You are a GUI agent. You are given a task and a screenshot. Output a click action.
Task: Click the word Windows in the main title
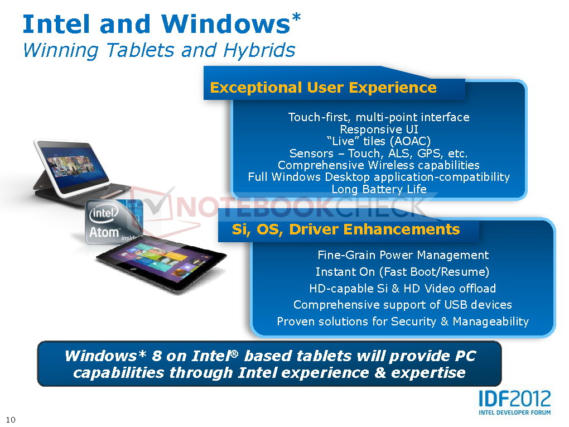[226, 24]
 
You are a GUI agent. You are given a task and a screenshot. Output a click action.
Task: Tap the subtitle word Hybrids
[259, 50]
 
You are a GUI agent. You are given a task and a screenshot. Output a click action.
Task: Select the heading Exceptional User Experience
[324, 88]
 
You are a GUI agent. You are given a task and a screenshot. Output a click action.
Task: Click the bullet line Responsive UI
[379, 129]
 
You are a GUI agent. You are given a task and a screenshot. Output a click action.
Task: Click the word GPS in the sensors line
[430, 153]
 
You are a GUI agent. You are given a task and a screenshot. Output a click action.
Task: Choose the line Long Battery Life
[379, 189]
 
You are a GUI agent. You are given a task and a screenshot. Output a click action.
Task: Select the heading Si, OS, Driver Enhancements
[346, 229]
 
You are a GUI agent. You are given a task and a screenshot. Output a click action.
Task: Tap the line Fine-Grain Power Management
[403, 255]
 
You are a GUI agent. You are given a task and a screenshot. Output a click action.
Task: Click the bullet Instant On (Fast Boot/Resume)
[402, 272]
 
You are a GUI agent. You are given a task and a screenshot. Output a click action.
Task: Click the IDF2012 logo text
[514, 399]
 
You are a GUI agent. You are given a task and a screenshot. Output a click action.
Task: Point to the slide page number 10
[11, 420]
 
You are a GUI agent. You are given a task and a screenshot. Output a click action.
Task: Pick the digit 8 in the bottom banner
[156, 356]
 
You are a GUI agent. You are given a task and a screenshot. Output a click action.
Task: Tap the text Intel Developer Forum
[514, 412]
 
